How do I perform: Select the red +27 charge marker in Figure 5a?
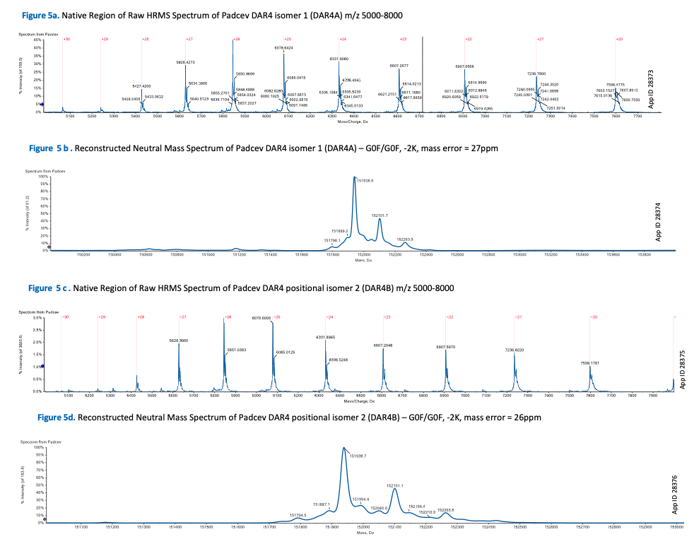pyautogui.click(x=189, y=40)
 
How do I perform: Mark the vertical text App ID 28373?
pyautogui.click(x=651, y=88)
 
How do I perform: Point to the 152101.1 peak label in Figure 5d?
pyautogui.click(x=395, y=485)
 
